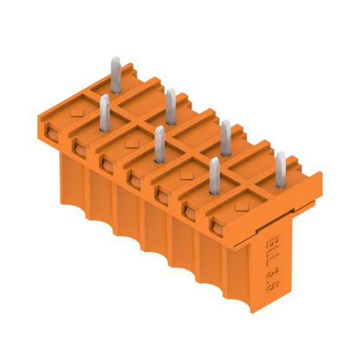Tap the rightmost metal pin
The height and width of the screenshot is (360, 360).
[280, 170]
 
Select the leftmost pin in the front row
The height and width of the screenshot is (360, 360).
[104, 113]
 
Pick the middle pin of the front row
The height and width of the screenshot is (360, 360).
[159, 144]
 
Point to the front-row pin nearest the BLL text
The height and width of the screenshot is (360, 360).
[214, 177]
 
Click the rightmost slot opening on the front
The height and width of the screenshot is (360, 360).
[215, 228]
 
